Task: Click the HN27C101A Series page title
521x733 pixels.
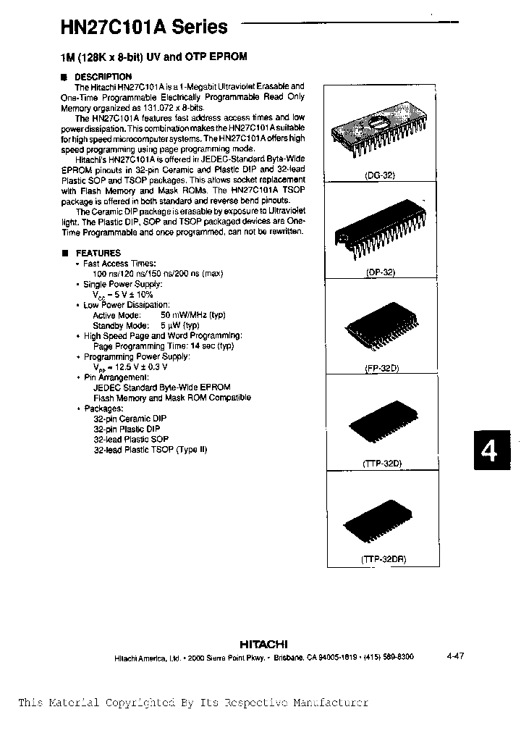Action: pos(143,28)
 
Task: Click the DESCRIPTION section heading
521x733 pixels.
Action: pos(103,77)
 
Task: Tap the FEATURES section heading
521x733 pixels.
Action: pos(98,253)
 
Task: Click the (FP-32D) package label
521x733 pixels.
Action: pos(381,368)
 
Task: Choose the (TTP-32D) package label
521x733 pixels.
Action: pos(381,462)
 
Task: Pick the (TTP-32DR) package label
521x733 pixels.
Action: pos(381,559)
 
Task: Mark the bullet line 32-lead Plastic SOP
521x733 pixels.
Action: pos(131,439)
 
